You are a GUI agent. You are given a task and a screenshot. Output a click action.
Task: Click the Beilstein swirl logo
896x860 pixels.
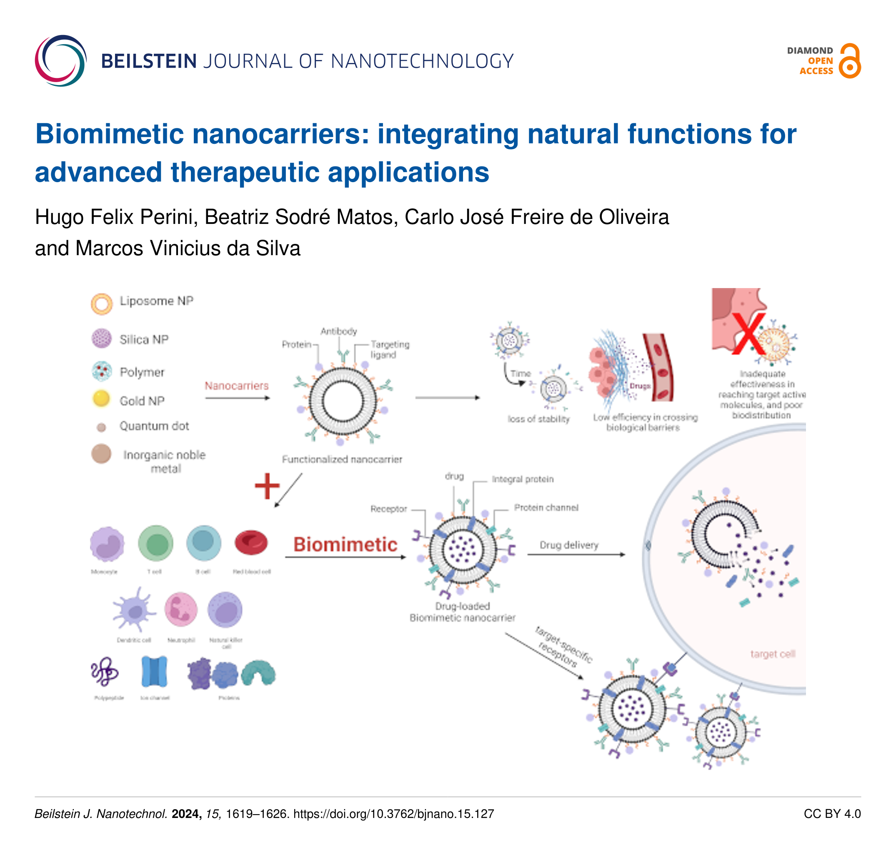pyautogui.click(x=60, y=60)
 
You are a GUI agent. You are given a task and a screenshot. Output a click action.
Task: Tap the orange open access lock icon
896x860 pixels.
pyautogui.click(x=849, y=61)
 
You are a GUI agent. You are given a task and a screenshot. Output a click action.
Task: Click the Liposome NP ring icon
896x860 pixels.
pyautogui.click(x=102, y=304)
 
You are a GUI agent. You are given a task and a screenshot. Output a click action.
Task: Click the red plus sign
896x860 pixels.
pyautogui.click(x=267, y=486)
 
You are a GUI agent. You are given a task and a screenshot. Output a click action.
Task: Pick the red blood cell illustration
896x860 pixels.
pyautogui.click(x=251, y=542)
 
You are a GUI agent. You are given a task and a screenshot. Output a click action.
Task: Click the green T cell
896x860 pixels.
pyautogui.click(x=156, y=543)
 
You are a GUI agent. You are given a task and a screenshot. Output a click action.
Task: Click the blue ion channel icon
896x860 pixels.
pyautogui.click(x=155, y=672)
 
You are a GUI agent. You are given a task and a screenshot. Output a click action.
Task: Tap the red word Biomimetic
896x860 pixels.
pyautogui.click(x=345, y=544)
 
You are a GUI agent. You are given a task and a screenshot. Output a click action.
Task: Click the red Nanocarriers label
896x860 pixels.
pyautogui.click(x=236, y=386)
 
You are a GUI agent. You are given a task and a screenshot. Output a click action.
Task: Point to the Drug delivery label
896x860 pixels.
pyautogui.click(x=569, y=545)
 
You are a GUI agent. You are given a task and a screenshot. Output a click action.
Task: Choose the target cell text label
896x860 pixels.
pyautogui.click(x=773, y=654)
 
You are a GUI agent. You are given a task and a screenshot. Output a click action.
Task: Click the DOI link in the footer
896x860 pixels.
pyautogui.click(x=393, y=814)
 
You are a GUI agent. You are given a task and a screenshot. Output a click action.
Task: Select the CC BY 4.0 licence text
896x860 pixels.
pyautogui.click(x=832, y=814)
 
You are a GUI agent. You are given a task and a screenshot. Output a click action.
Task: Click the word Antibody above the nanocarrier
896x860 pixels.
pyautogui.click(x=338, y=331)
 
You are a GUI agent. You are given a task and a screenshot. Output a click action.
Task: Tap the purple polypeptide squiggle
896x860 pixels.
pyautogui.click(x=105, y=672)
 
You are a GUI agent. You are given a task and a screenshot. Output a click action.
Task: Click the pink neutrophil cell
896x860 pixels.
pyautogui.click(x=181, y=609)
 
